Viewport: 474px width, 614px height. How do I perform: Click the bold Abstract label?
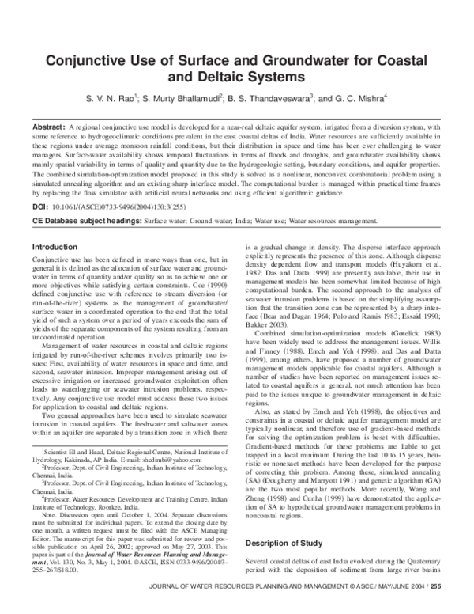coord(48,127)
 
